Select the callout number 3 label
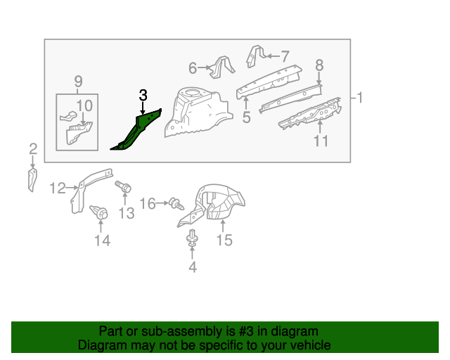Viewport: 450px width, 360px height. pyautogui.click(x=143, y=95)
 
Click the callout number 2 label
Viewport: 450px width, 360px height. pyautogui.click(x=32, y=148)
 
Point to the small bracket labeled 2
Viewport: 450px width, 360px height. pyautogui.click(x=32, y=179)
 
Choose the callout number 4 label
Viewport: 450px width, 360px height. pyautogui.click(x=192, y=266)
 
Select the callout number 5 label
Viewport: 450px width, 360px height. pyautogui.click(x=246, y=117)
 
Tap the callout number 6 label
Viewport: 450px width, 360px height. pyautogui.click(x=193, y=68)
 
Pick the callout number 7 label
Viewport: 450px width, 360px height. pyautogui.click(x=285, y=56)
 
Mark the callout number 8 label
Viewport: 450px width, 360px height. pyautogui.click(x=319, y=65)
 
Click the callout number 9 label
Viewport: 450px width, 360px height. pyautogui.click(x=77, y=81)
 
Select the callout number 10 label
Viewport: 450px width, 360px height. pyautogui.click(x=84, y=105)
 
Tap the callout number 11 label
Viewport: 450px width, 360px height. pyautogui.click(x=321, y=141)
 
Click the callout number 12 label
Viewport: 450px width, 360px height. pyautogui.click(x=58, y=188)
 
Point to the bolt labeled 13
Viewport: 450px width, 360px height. pyautogui.click(x=124, y=188)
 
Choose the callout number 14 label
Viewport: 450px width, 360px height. pyautogui.click(x=102, y=241)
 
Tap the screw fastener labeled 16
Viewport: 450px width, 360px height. pyautogui.click(x=174, y=204)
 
